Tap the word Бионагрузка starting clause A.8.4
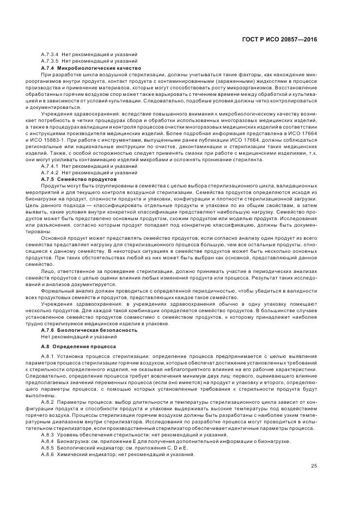pos(71,442)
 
